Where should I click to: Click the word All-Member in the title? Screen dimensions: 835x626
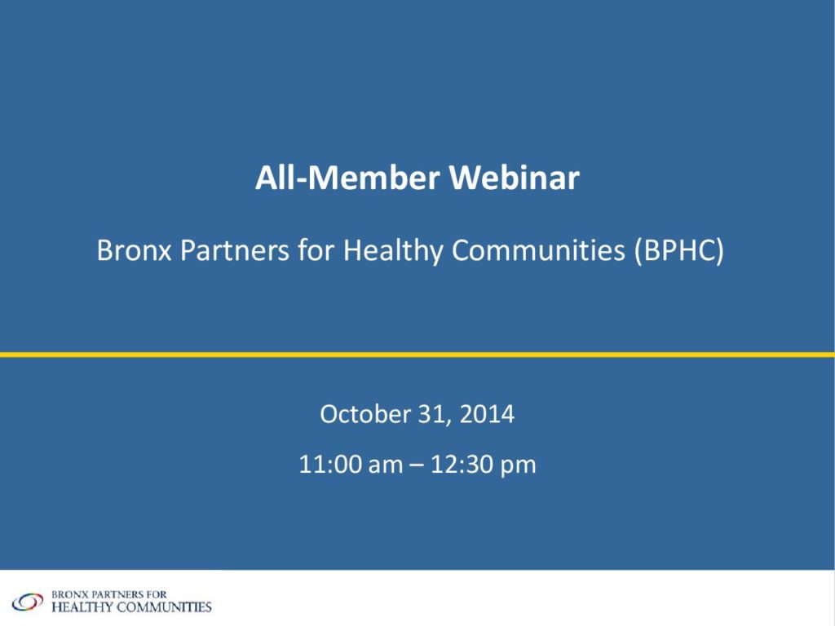347,177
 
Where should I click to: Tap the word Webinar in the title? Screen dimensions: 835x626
515,177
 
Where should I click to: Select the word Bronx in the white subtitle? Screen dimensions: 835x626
134,249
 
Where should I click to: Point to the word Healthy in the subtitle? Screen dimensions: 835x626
393,250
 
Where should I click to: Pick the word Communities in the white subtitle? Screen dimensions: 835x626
538,249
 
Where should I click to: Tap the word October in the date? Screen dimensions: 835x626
365,414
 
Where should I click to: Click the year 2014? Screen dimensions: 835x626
487,414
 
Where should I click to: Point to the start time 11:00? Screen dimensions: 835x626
329,464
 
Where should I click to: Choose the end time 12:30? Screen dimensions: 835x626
462,464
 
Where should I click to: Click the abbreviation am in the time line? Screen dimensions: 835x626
385,465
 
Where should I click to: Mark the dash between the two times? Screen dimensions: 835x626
417,465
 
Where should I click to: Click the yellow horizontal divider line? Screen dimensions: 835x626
417,355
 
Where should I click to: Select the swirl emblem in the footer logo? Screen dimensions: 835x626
28,602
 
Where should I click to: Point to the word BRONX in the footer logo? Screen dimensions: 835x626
68,594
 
